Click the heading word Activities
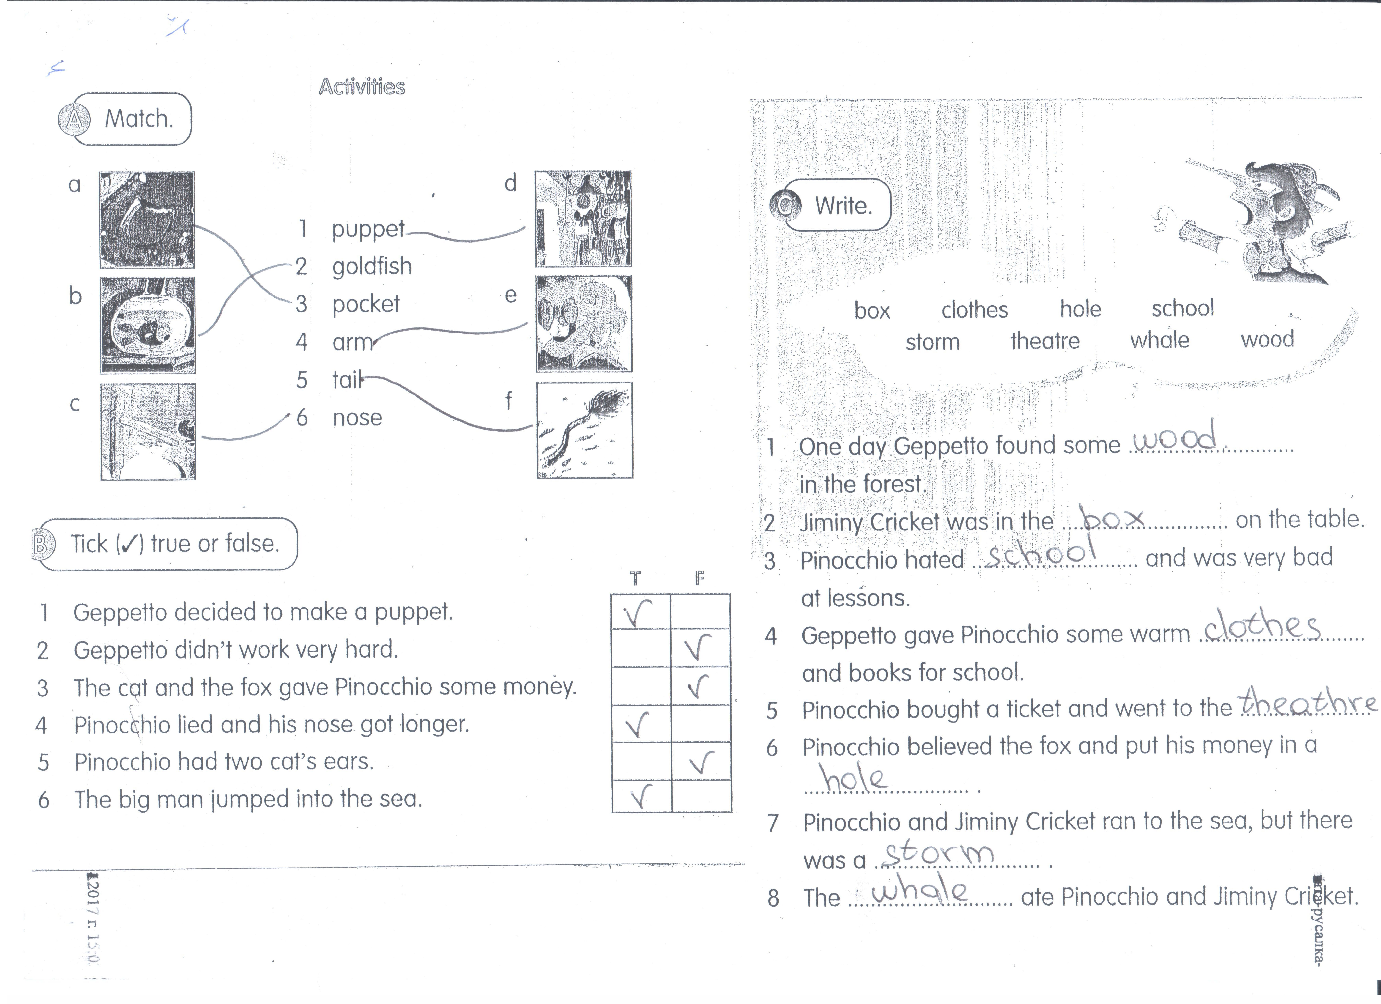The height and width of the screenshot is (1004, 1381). pos(362,87)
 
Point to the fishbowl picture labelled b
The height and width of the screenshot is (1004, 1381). pos(148,325)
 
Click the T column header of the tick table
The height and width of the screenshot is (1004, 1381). pos(635,578)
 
